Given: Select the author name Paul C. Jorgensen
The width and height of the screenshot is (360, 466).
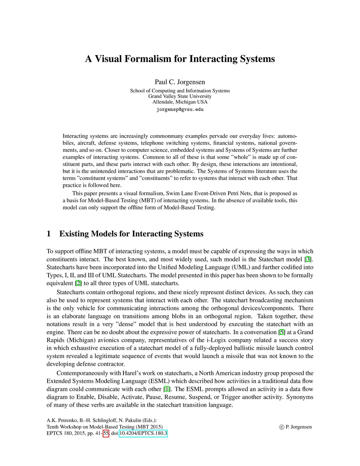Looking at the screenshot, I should click(x=180, y=82).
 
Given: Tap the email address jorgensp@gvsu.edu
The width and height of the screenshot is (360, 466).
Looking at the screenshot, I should click(x=180, y=109).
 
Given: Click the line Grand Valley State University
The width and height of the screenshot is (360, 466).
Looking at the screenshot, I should click(x=180, y=96).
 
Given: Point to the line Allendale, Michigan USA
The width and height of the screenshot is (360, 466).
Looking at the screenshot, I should click(x=180, y=102).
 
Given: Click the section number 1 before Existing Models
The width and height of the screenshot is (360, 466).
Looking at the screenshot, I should click(x=49, y=234).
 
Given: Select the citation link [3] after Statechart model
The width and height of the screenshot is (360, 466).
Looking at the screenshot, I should click(x=308, y=259).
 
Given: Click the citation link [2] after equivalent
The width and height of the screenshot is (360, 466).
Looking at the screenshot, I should click(x=78, y=283).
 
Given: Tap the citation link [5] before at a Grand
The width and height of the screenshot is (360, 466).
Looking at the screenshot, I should click(x=282, y=332).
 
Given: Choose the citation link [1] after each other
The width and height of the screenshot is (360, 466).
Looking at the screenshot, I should click(x=167, y=389).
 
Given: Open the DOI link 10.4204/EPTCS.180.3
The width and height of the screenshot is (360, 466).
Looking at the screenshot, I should click(x=143, y=433).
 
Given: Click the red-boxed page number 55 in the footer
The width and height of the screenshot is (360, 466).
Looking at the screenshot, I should click(x=106, y=433).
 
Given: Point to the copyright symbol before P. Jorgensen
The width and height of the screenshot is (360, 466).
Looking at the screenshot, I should click(x=282, y=427).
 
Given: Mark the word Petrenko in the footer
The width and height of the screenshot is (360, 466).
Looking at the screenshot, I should click(x=63, y=420).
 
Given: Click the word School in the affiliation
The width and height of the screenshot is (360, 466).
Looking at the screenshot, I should click(x=137, y=91).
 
